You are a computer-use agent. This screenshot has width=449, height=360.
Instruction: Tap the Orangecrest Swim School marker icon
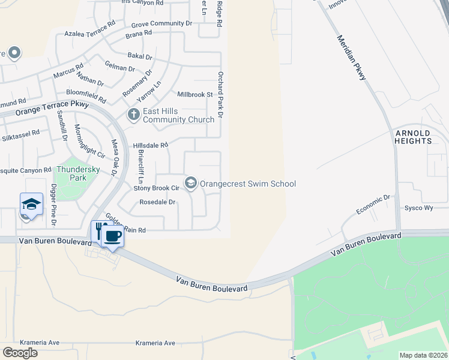coord(191,183)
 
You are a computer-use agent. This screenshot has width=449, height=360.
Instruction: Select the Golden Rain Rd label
coord(126,223)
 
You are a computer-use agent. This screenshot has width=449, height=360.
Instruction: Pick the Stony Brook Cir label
coord(156,188)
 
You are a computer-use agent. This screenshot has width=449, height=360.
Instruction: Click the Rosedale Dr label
coord(157,202)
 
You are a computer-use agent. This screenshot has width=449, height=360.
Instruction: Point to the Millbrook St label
coord(195,95)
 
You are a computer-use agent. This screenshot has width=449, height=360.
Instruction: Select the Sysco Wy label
coord(420,208)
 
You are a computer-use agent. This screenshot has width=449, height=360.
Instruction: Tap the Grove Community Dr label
coord(161,23)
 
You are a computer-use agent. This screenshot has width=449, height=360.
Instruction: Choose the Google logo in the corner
coord(20,353)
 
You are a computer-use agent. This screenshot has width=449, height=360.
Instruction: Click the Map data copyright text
coord(423,355)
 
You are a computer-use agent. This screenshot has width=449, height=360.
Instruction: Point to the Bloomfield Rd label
coord(86,97)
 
